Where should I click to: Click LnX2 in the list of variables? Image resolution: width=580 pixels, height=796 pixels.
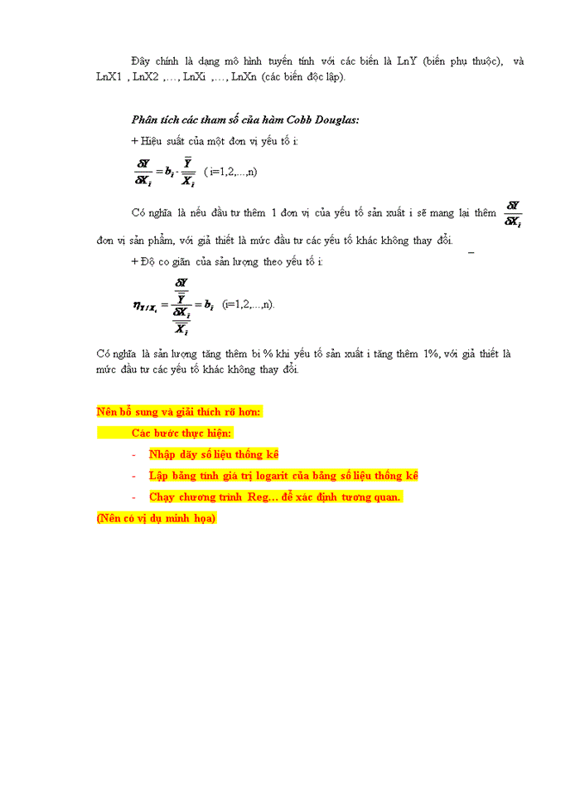(147, 77)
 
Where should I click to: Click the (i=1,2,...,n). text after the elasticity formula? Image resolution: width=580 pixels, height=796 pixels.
(249, 304)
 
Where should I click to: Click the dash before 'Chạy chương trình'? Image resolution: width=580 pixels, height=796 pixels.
(134, 498)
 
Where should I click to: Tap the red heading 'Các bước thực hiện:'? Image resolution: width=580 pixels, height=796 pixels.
(182, 433)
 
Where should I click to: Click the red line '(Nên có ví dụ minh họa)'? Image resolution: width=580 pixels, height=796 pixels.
(156, 518)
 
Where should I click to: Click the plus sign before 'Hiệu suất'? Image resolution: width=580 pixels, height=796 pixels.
(134, 141)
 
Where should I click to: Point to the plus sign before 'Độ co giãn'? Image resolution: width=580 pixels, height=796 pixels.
(134, 262)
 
